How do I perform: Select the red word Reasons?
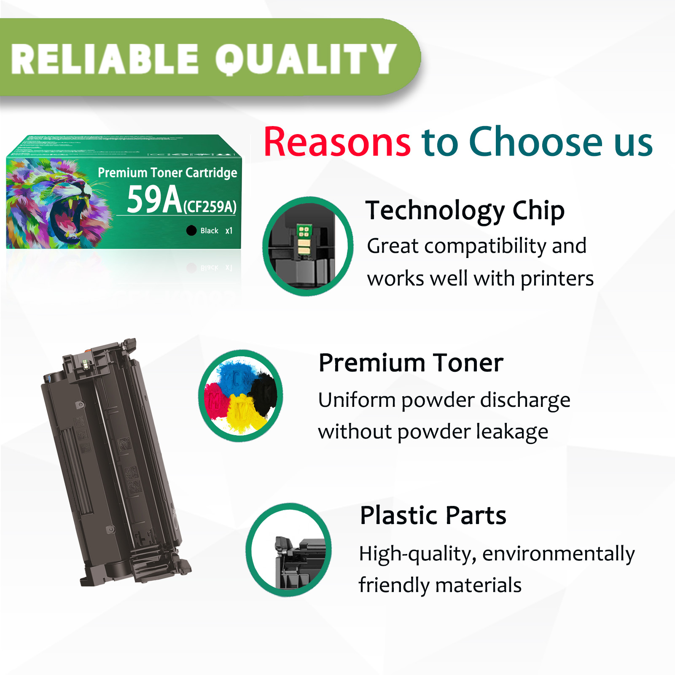coord(337,142)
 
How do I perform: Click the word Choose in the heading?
coord(535,142)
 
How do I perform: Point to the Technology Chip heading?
coord(465,210)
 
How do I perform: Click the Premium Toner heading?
coord(411,363)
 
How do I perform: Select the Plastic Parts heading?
coord(433,515)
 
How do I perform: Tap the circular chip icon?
coord(307,246)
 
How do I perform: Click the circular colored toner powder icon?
coord(241,395)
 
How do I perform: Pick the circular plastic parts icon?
coord(289,550)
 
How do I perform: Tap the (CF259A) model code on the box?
coord(210,207)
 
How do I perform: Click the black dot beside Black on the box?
coord(191,230)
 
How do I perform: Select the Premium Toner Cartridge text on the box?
coord(167,172)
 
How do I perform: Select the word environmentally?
coord(558,554)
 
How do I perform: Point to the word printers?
coord(557,279)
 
